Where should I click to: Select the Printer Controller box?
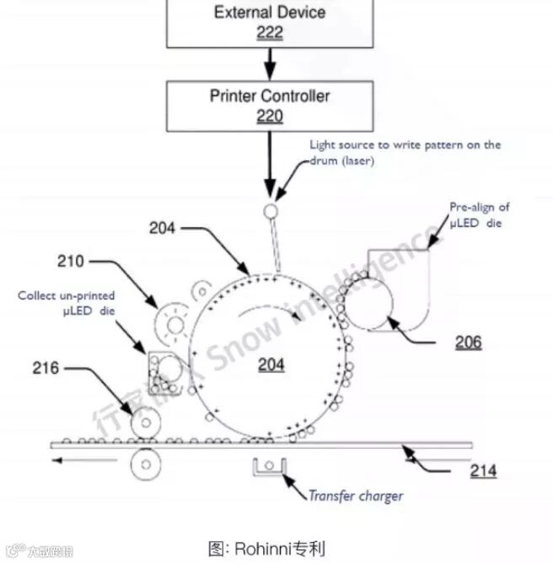[x=270, y=105]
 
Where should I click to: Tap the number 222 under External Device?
[x=270, y=33]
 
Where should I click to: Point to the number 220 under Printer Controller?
[x=270, y=116]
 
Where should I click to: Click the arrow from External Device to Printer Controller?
[x=270, y=64]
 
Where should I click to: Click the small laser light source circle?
[x=271, y=209]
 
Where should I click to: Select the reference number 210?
[x=71, y=262]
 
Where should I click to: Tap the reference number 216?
[x=46, y=368]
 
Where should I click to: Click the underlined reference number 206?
[x=468, y=342]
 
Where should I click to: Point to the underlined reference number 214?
[x=483, y=471]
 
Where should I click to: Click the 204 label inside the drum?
[x=271, y=365]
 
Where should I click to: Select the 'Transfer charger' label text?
[x=355, y=496]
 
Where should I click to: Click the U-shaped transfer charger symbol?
[x=270, y=467]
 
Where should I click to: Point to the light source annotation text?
[x=404, y=152]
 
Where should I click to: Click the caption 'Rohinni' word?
[x=262, y=549]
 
